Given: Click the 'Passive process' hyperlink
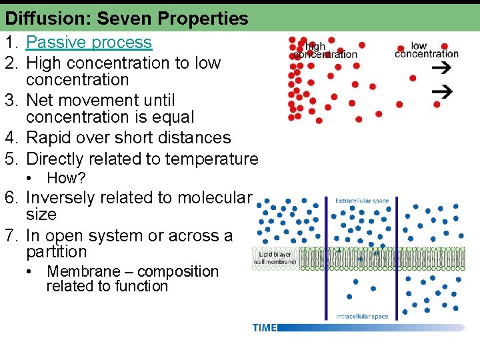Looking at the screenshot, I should pos(89,43).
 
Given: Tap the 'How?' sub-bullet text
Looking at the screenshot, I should pos(66,178).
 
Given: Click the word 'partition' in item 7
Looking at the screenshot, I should pos(56,252).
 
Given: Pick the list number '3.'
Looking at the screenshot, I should pos(13,101).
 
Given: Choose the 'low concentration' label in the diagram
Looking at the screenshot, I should pos(427,50).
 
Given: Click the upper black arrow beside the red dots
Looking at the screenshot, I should pos(441,67).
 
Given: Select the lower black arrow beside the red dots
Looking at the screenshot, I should pos(442,91).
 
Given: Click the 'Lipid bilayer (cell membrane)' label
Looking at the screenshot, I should pos(273,259).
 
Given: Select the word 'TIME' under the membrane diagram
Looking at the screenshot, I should pos(264,327).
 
